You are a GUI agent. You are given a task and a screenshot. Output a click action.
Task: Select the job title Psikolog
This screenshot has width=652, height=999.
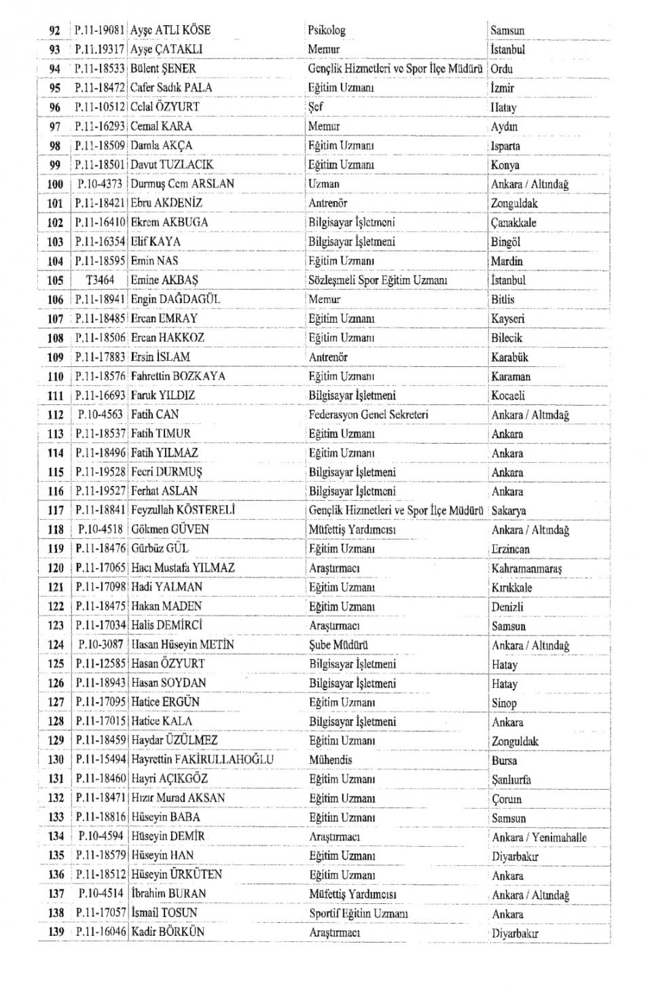click(x=326, y=30)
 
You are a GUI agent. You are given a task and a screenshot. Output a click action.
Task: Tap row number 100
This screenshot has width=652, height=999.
click(x=55, y=183)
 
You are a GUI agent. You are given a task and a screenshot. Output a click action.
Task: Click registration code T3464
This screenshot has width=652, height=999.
click(x=100, y=280)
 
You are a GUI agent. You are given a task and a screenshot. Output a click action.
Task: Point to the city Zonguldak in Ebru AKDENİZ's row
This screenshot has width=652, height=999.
click(x=514, y=203)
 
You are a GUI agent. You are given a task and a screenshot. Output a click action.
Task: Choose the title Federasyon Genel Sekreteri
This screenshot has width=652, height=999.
click(x=368, y=414)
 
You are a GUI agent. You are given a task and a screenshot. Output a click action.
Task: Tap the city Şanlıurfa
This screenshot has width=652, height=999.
click(x=511, y=779)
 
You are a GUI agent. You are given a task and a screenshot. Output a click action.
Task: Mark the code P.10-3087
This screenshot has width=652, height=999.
click(x=101, y=644)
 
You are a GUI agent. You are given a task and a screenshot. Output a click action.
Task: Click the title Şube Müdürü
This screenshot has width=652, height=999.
click(x=338, y=645)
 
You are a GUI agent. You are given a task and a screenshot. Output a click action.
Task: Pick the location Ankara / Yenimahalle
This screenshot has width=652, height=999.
click(x=539, y=837)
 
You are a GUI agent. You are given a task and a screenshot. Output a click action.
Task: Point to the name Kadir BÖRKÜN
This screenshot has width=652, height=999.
click(x=167, y=932)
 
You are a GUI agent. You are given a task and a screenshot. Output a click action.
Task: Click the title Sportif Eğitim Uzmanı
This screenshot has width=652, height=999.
click(x=358, y=913)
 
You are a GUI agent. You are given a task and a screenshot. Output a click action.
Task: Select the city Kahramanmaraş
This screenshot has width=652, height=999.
click(x=526, y=568)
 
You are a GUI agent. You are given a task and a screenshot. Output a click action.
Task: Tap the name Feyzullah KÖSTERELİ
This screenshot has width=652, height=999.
click(x=183, y=510)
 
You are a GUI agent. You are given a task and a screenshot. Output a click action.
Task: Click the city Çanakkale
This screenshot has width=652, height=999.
click(x=513, y=222)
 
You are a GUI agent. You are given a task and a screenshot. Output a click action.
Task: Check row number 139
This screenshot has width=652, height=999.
click(x=56, y=932)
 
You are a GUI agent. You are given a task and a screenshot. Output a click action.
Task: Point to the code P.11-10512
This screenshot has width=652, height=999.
click(x=100, y=107)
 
